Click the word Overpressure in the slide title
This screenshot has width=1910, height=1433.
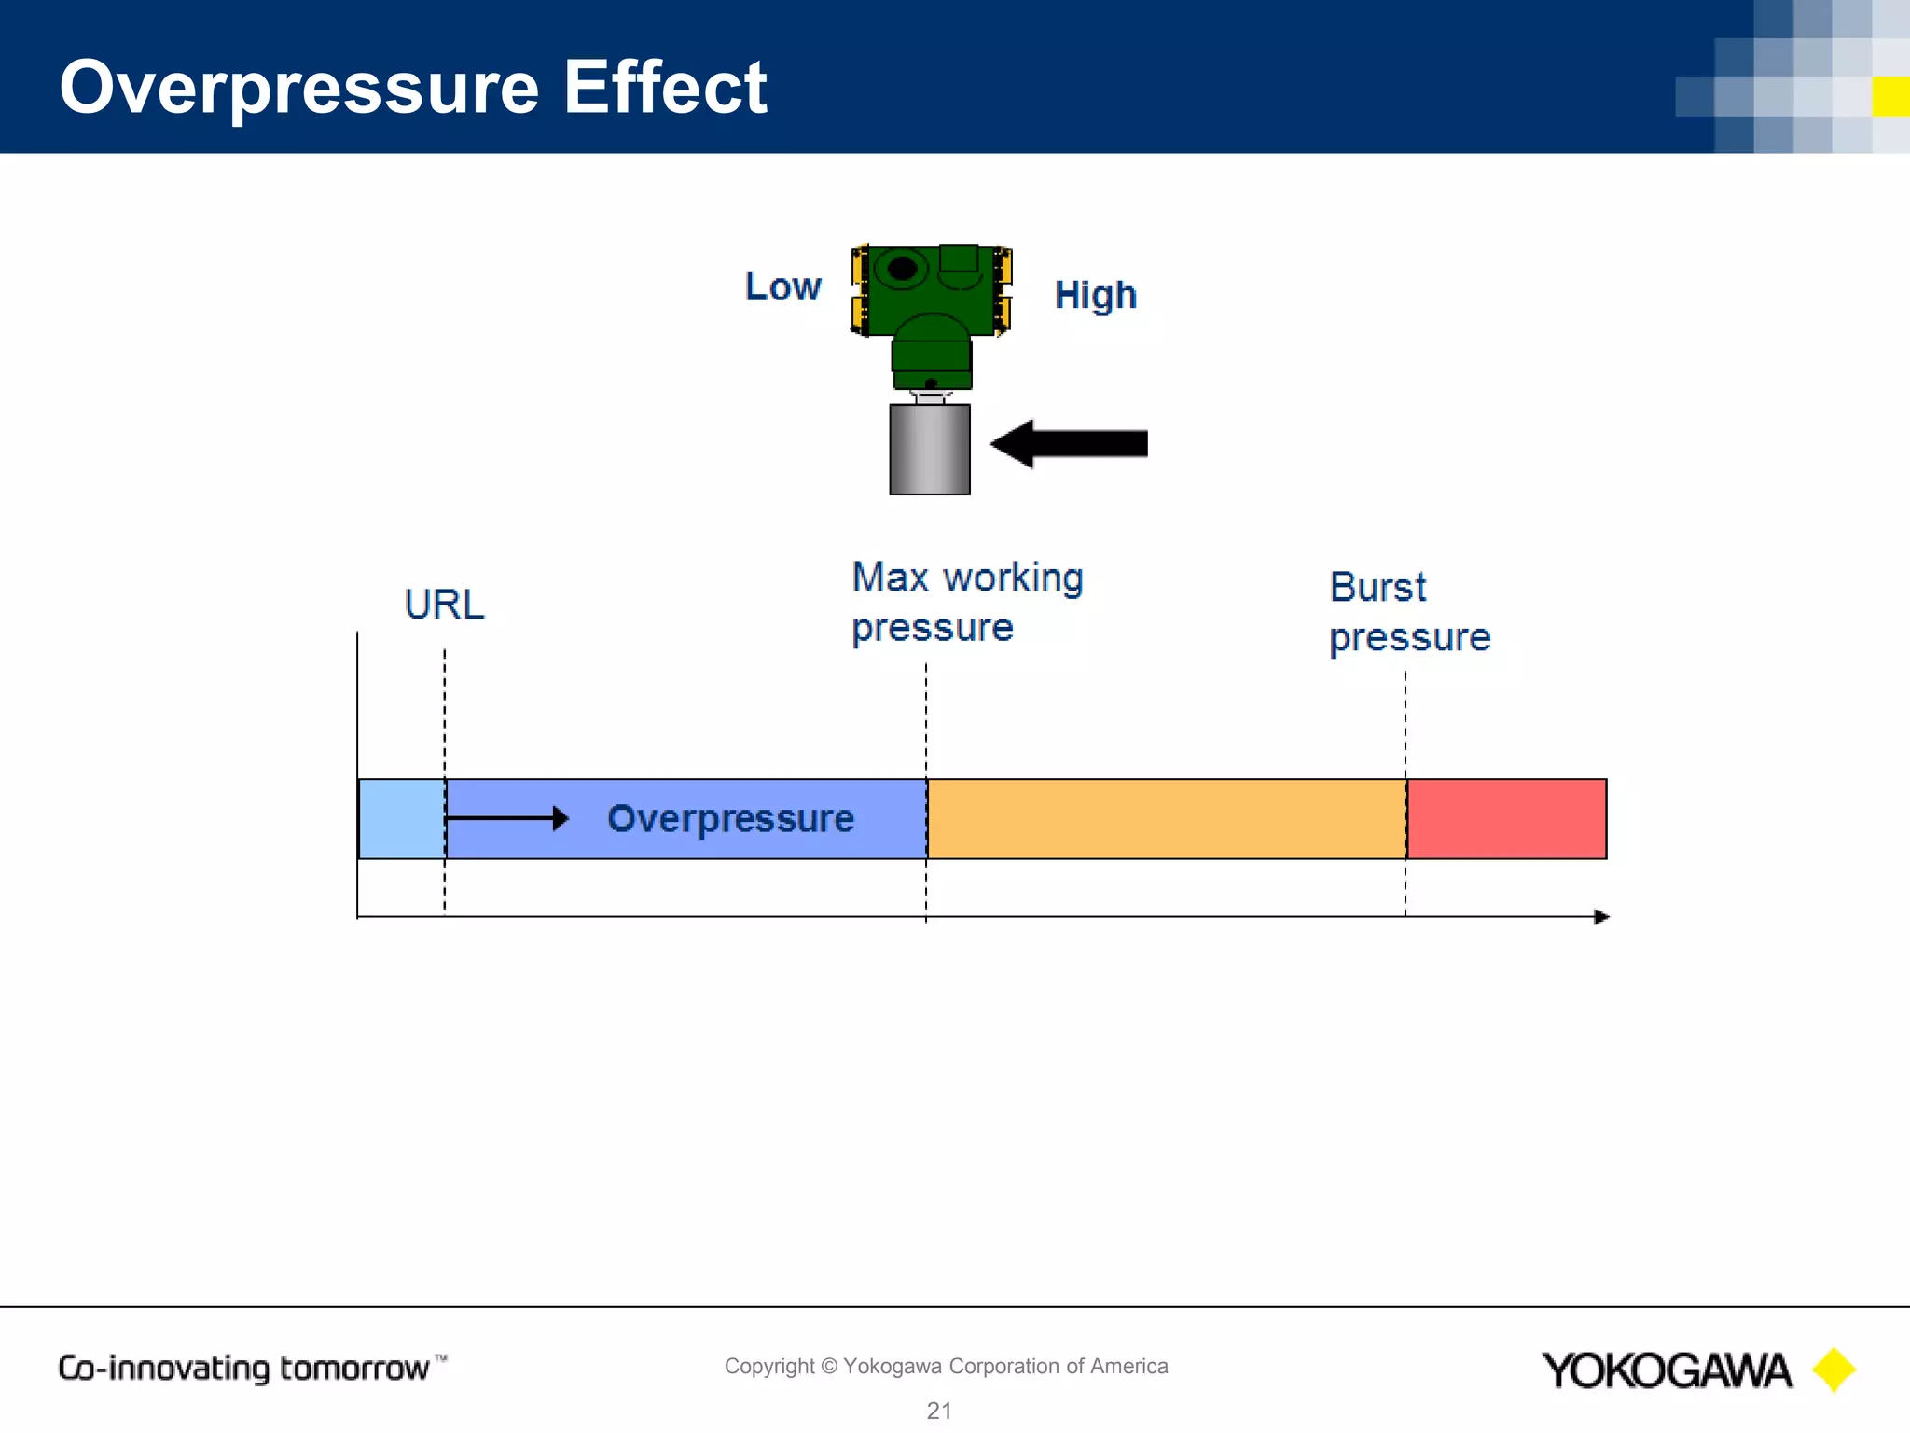[298, 88]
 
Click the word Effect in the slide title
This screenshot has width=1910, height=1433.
[664, 88]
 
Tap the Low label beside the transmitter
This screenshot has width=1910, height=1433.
[782, 287]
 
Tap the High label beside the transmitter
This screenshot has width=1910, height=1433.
[1095, 296]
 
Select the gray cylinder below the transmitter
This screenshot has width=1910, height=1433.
[930, 449]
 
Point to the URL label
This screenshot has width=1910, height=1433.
[444, 605]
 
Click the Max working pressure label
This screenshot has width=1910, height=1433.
[966, 602]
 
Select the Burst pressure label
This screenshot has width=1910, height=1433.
[1408, 612]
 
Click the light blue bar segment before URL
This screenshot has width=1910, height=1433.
[401, 818]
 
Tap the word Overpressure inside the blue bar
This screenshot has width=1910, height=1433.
[730, 819]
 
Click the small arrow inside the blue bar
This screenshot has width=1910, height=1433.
[507, 818]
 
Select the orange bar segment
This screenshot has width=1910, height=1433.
[1166, 818]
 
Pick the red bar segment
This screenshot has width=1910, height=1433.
[1506, 818]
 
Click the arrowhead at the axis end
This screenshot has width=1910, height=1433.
[1601, 917]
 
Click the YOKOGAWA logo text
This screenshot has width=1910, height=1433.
[1666, 1370]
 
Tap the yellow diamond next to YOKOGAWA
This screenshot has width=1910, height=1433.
[1834, 1370]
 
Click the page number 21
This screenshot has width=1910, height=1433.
[939, 1411]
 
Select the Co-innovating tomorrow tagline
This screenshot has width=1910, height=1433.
[244, 1368]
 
